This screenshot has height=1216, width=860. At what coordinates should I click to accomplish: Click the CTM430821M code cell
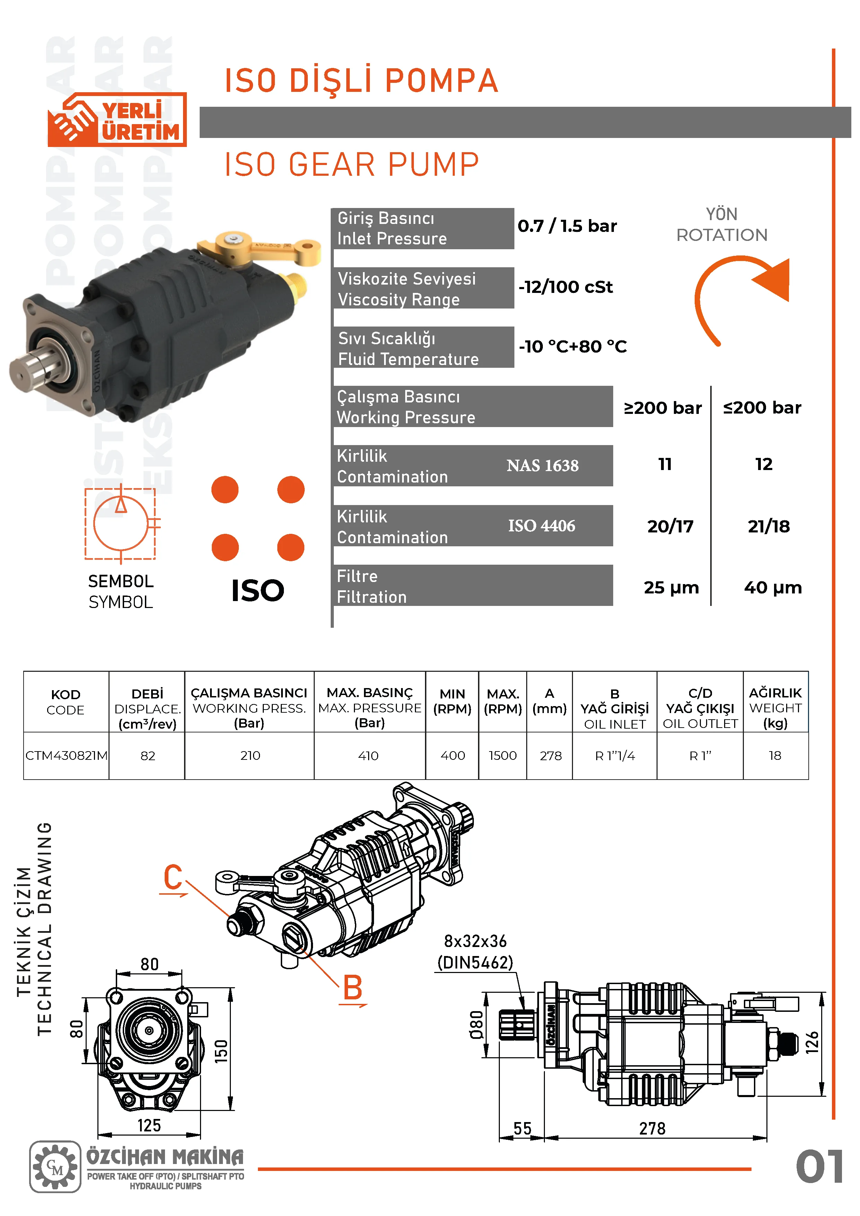tap(66, 756)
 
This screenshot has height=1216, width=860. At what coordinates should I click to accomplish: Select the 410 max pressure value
tap(368, 756)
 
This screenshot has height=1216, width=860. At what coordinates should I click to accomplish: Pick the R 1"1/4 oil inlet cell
tap(615, 756)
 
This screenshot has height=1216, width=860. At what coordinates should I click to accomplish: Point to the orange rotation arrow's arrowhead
tap(773, 280)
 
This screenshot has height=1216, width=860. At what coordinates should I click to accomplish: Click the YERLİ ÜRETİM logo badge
tap(117, 120)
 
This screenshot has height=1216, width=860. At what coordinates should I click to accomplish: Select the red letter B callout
tap(353, 988)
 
